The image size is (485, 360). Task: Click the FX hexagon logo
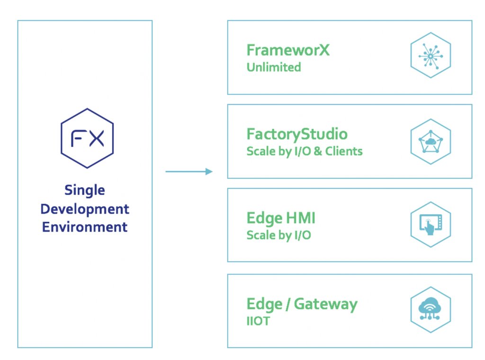[87, 138]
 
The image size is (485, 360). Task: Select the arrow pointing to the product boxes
[189, 171]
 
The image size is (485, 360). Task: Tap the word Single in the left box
[85, 190]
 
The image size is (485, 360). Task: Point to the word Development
[85, 209]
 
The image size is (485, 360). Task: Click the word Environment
[85, 227]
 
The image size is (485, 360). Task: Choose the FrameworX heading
[288, 50]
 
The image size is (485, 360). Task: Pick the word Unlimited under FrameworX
[274, 67]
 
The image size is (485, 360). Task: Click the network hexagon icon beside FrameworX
[430, 55]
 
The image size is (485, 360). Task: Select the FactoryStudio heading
[297, 134]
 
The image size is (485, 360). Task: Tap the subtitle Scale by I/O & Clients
[305, 152]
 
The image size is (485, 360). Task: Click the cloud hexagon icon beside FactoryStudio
[430, 141]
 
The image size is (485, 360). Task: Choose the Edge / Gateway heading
[302, 304]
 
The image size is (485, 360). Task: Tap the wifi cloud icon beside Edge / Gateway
[430, 309]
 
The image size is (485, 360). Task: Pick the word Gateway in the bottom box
[325, 304]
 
